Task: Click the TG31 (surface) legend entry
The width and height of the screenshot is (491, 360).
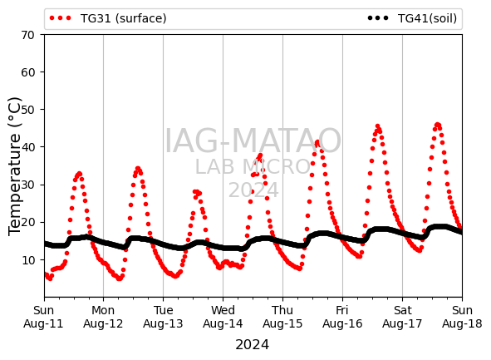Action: pyautogui.click(x=108, y=18)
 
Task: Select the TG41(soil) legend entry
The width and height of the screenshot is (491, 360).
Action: pyautogui.click(x=412, y=18)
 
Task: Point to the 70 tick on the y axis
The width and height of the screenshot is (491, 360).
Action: pyautogui.click(x=27, y=35)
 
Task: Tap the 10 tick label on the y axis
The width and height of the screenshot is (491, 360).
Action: pyautogui.click(x=27, y=259)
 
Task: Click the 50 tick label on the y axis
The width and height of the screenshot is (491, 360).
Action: pyautogui.click(x=27, y=110)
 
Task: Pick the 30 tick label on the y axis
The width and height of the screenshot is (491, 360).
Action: pyautogui.click(x=27, y=185)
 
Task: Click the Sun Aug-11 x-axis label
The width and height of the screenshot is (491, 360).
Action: pyautogui.click(x=43, y=317)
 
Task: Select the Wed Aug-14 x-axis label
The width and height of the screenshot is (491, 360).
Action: pyautogui.click(x=223, y=317)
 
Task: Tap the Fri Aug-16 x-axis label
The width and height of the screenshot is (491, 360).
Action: pyautogui.click(x=342, y=317)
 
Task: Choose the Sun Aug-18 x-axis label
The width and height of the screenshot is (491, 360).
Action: pyautogui.click(x=462, y=317)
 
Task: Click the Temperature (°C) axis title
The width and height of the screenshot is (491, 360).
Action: pyautogui.click(x=15, y=166)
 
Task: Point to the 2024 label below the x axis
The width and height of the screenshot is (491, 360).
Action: pyautogui.click(x=252, y=345)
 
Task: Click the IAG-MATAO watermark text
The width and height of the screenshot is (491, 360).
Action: pyautogui.click(x=253, y=141)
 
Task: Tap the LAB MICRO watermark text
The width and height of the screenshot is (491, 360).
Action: pyautogui.click(x=253, y=166)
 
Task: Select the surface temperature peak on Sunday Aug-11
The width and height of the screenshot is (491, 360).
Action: pyautogui.click(x=79, y=174)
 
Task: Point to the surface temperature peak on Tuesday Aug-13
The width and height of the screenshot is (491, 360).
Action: pyautogui.click(x=196, y=192)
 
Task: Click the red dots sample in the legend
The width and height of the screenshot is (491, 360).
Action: pyautogui.click(x=61, y=18)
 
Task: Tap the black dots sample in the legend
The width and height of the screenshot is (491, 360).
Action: pyautogui.click(x=378, y=18)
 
